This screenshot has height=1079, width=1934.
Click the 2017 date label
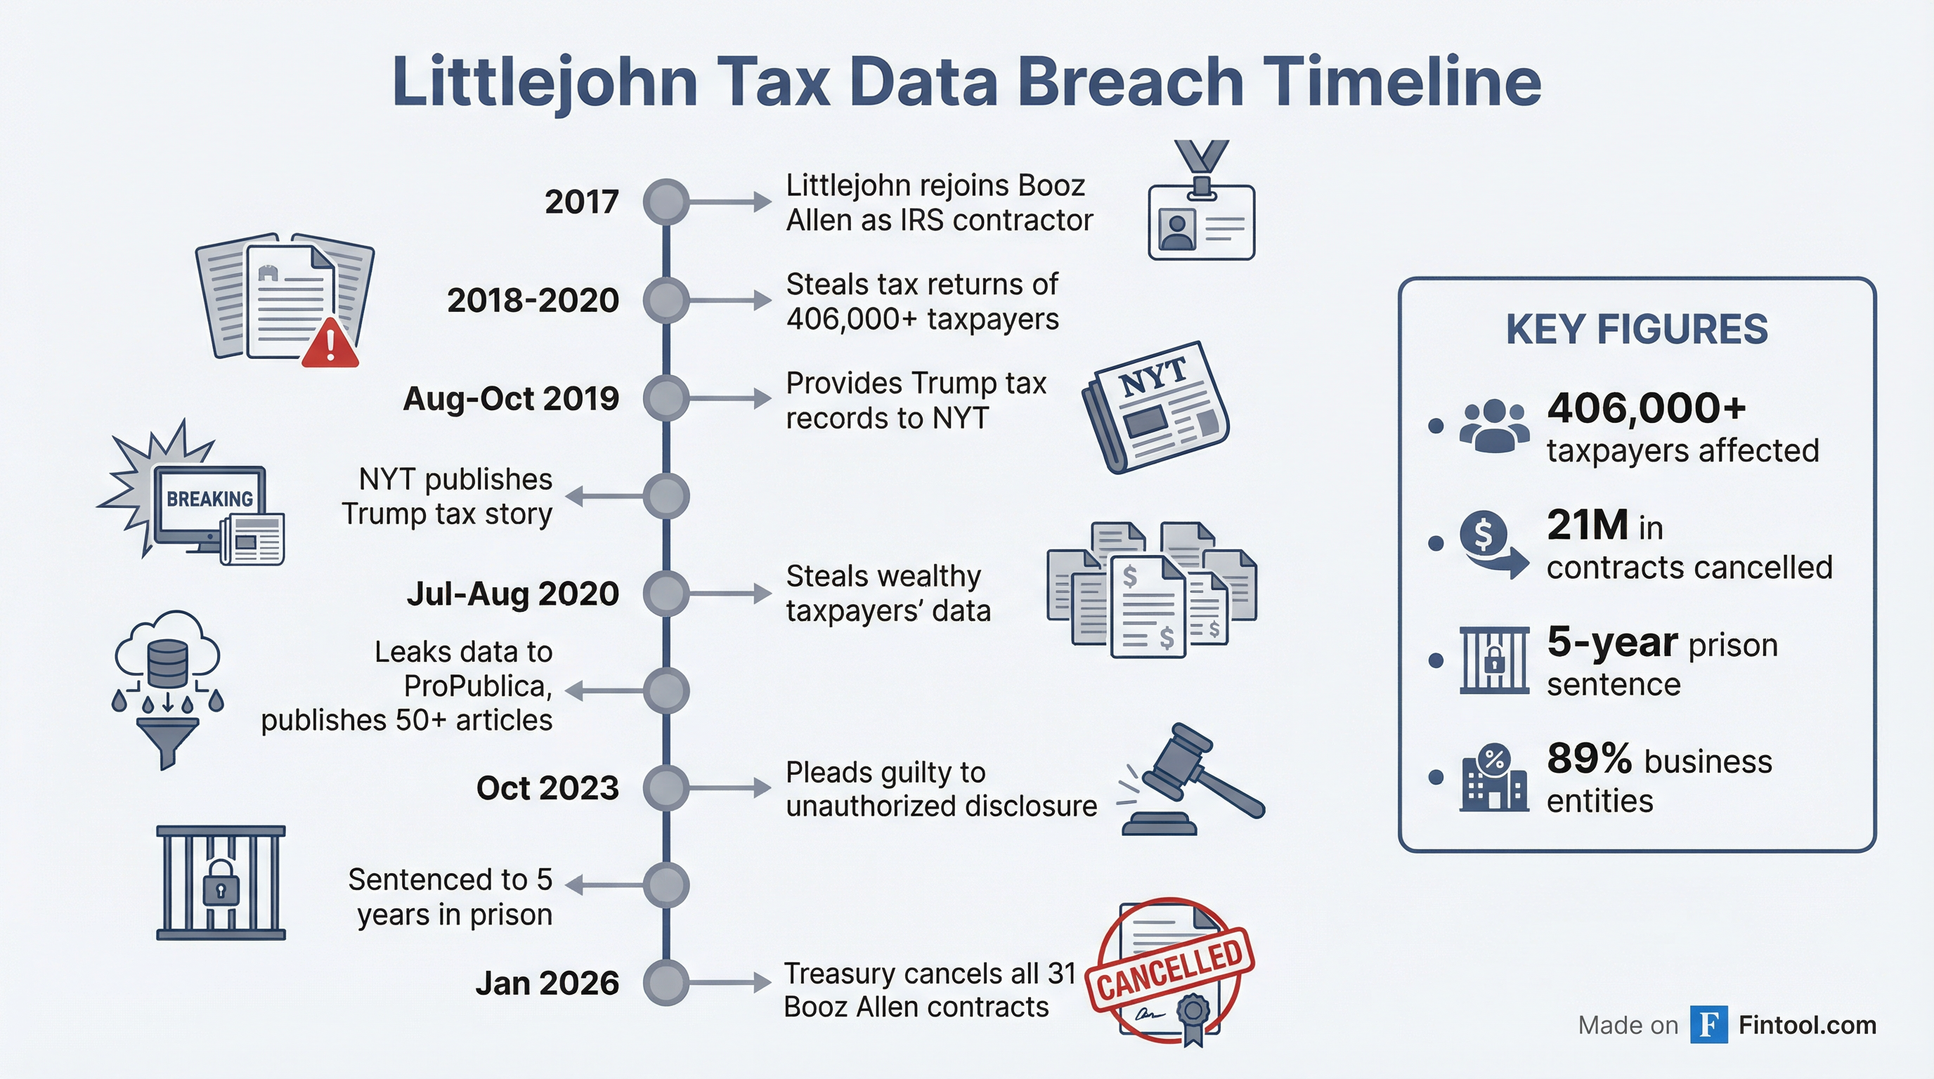tap(582, 202)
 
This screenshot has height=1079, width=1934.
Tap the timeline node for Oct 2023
tap(666, 788)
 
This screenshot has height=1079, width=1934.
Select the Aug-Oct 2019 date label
tap(512, 398)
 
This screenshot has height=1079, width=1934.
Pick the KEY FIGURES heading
tap(1637, 329)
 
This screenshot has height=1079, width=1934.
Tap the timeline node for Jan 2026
tap(666, 983)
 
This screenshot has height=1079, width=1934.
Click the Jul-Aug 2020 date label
tap(513, 594)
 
